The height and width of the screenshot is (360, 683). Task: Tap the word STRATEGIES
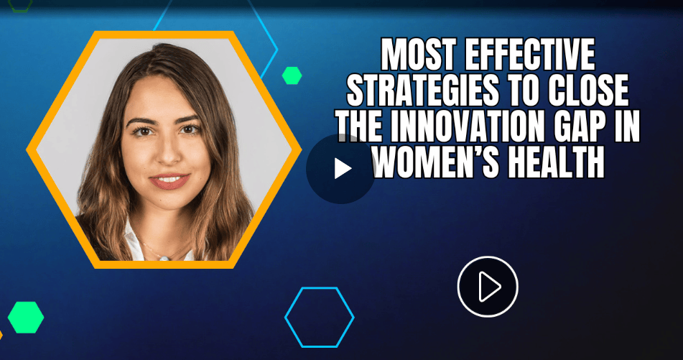(422, 91)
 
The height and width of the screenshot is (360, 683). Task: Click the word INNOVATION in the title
(467, 126)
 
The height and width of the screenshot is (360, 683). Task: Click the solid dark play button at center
(340, 169)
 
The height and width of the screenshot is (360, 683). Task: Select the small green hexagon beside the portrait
(292, 75)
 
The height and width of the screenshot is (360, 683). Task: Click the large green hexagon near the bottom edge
(26, 318)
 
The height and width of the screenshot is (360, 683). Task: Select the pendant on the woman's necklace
(163, 258)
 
